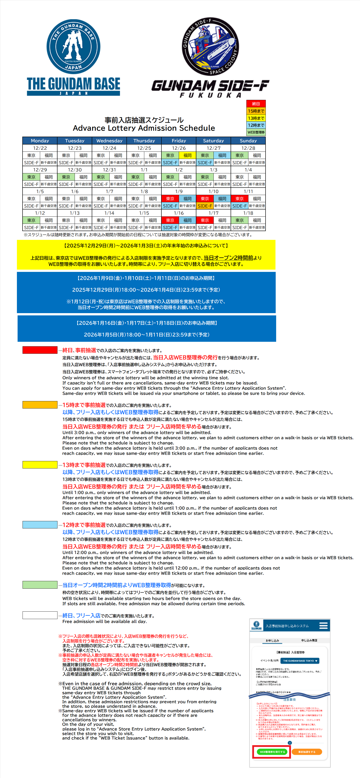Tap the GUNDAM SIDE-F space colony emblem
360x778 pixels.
point(210,46)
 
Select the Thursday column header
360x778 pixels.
point(144,141)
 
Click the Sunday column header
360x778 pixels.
point(248,141)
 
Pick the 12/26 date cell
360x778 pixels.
point(179,148)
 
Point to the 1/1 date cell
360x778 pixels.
point(144,170)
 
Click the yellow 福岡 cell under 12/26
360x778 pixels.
point(187,155)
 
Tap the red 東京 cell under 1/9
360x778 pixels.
point(170,199)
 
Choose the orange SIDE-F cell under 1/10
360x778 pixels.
point(205,206)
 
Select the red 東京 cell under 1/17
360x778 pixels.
point(205,220)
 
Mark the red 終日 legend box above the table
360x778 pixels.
point(256,104)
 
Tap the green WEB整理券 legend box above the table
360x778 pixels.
point(256,132)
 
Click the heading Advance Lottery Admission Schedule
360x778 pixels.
point(144,128)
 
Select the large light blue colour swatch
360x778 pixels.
point(40,525)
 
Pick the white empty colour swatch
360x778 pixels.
point(40,615)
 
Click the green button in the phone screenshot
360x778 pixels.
point(272,752)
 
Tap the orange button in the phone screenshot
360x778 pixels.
point(307,752)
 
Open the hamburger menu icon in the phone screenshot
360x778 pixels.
point(323,625)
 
